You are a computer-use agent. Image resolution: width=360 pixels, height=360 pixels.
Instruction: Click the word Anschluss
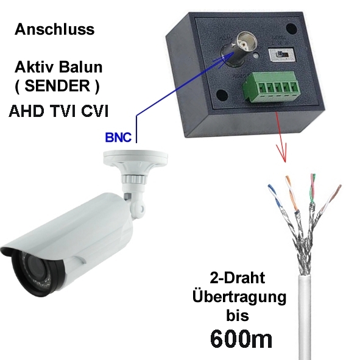click(54, 29)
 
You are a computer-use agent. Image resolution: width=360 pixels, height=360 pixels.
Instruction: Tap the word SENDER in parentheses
click(57, 85)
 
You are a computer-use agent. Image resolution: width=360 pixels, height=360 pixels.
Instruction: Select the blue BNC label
click(118, 137)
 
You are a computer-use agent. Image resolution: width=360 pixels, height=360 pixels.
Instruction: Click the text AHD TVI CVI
click(58, 111)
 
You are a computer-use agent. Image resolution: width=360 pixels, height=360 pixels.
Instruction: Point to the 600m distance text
click(241, 339)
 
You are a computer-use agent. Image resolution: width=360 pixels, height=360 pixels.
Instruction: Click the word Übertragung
click(239, 297)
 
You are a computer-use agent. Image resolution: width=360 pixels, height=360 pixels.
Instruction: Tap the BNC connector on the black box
click(241, 49)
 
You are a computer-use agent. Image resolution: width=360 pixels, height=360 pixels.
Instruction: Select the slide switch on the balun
click(281, 55)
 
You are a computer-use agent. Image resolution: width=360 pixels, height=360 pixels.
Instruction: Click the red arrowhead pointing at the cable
click(282, 152)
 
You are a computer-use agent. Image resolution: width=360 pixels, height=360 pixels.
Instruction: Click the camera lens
click(37, 269)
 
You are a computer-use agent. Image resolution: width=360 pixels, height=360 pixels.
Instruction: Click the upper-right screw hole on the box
click(291, 29)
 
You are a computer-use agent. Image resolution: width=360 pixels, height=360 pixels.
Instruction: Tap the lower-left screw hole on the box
click(222, 94)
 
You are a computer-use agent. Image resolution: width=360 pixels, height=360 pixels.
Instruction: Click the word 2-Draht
click(238, 278)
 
